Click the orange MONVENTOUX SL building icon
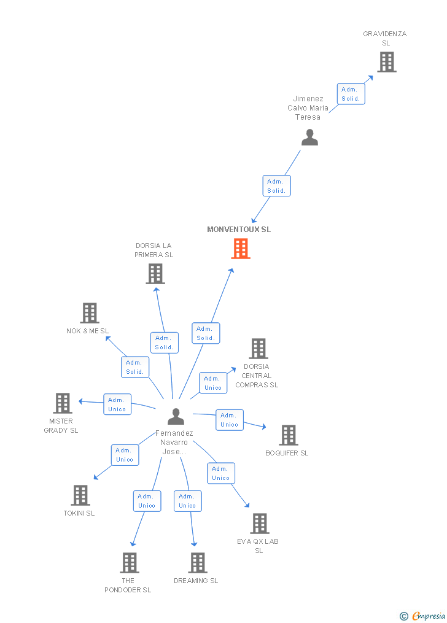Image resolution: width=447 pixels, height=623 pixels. [x=241, y=249]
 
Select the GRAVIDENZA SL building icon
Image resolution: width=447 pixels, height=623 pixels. [x=386, y=62]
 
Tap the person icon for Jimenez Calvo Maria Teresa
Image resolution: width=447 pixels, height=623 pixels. [x=309, y=137]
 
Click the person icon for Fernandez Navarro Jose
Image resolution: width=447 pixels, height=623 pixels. [x=176, y=416]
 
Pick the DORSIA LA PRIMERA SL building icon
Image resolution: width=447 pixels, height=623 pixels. [x=155, y=274]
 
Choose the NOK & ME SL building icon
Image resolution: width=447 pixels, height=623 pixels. [x=90, y=313]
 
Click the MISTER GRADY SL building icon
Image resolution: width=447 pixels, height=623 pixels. [x=63, y=403]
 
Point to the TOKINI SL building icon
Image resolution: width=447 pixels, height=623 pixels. [x=80, y=495]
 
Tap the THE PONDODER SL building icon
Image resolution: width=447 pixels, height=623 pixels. [x=129, y=563]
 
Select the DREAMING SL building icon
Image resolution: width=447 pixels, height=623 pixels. [x=197, y=563]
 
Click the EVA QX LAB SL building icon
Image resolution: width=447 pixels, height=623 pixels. [x=260, y=524]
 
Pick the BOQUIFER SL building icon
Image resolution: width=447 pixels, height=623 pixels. [x=288, y=435]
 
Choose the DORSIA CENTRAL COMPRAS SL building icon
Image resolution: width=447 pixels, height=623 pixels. [x=258, y=349]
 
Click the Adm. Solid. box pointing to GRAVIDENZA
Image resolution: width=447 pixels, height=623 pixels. [x=351, y=94]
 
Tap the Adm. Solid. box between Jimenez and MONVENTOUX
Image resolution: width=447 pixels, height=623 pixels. [x=276, y=186]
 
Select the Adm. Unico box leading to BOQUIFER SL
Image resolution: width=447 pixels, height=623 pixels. [x=230, y=420]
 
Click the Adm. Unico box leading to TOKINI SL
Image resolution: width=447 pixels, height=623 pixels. [x=125, y=455]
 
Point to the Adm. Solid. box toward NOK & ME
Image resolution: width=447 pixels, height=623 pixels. [x=135, y=367]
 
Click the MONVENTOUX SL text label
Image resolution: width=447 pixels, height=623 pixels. [x=239, y=230]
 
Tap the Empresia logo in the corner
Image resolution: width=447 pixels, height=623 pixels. [x=423, y=616]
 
